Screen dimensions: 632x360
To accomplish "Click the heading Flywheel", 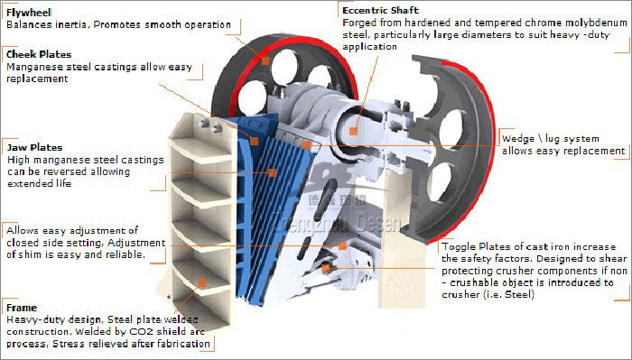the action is tap(29, 13).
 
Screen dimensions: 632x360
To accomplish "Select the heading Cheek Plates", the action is tap(39, 54).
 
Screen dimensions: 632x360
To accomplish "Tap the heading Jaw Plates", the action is tap(34, 147).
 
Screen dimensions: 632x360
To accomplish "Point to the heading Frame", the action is tap(22, 308).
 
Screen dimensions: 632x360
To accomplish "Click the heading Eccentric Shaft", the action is tap(380, 11).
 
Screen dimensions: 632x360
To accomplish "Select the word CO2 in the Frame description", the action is tap(141, 332).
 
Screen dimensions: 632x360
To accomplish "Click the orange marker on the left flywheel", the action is tap(265, 60).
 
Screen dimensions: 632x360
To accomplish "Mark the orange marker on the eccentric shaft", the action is tap(354, 131).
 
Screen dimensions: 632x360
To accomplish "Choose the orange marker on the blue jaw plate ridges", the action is tap(272, 172).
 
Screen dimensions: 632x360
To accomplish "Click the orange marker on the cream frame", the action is tap(202, 282).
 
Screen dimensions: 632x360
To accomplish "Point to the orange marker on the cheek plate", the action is tap(254, 141).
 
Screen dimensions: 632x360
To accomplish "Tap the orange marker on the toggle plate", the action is tap(326, 267).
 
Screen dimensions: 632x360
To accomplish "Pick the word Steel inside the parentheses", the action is tap(519, 295).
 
